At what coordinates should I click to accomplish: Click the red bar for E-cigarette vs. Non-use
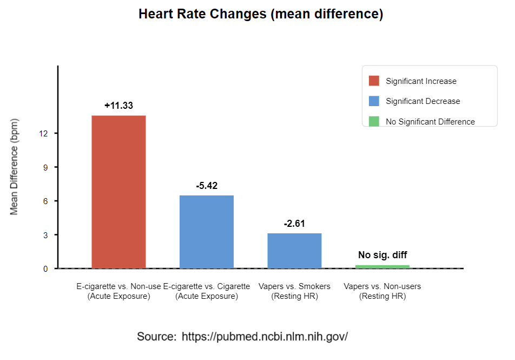click(x=118, y=192)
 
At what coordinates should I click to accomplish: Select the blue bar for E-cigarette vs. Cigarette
click(x=207, y=232)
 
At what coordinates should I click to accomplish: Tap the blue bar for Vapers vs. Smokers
click(x=294, y=251)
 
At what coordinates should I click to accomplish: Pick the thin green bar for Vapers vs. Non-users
click(x=382, y=266)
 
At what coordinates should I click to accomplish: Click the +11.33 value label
click(x=118, y=106)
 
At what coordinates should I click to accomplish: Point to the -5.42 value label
click(x=207, y=186)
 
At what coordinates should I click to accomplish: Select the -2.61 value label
click(x=294, y=224)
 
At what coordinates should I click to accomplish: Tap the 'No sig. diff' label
click(x=382, y=255)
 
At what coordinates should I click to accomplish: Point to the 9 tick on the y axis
click(x=45, y=167)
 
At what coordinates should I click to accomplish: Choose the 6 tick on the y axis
click(x=45, y=201)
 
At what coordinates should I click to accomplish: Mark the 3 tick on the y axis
click(x=45, y=235)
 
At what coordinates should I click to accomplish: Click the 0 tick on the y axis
click(x=45, y=269)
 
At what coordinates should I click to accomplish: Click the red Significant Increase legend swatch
click(x=374, y=81)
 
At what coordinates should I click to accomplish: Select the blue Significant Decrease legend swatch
click(x=374, y=101)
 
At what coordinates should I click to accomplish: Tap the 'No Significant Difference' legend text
click(x=430, y=122)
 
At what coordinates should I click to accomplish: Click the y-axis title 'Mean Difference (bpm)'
click(x=15, y=166)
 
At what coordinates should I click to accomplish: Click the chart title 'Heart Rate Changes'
click(x=261, y=14)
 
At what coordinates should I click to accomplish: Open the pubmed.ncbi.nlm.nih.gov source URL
click(x=265, y=336)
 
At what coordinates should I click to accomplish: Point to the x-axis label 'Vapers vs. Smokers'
click(x=294, y=286)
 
